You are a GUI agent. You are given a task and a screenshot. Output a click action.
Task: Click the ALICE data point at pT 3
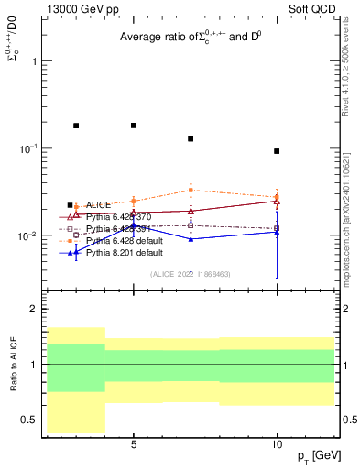pos(76,125)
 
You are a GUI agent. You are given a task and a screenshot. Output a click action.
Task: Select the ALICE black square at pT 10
pos(277,151)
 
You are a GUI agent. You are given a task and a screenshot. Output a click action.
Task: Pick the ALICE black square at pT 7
pos(191,138)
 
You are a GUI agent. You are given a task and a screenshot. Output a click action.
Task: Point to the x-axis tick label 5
pos(134,444)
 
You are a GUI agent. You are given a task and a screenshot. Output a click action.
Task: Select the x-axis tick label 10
pos(277,444)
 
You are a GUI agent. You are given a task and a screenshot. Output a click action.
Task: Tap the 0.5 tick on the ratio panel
pos(32,420)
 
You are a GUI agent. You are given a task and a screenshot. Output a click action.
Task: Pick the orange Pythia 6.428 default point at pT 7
pos(191,191)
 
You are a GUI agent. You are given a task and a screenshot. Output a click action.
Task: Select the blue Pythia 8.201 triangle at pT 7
pos(191,239)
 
